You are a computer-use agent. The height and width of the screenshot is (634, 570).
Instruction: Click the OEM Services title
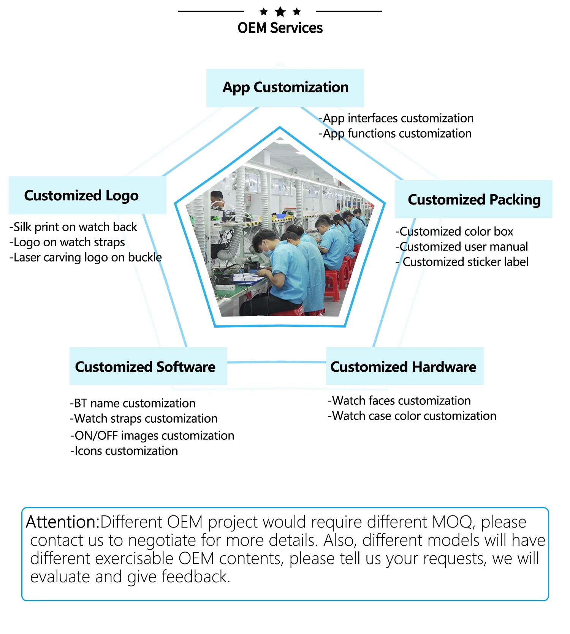(280, 28)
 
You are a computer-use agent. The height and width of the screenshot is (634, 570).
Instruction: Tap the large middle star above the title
(280, 12)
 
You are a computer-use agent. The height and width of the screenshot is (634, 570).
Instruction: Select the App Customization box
(285, 88)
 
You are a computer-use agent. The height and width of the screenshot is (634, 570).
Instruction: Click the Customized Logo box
(87, 195)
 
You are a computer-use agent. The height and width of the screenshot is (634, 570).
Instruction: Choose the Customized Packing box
(473, 199)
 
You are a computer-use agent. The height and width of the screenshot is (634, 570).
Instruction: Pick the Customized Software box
(148, 366)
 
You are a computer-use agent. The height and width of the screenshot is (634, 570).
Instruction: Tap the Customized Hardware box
(405, 366)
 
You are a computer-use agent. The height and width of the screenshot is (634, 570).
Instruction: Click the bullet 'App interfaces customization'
(396, 119)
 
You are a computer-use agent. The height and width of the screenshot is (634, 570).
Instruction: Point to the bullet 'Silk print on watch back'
(73, 227)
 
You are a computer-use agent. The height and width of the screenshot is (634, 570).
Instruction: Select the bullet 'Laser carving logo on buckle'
(86, 257)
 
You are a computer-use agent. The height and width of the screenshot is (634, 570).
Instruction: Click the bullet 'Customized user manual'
(462, 247)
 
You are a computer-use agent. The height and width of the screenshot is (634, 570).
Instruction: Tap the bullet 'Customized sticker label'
(462, 262)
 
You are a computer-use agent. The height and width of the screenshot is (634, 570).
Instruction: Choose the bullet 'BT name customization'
(133, 403)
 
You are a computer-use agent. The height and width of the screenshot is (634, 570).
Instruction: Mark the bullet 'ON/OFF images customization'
(152, 436)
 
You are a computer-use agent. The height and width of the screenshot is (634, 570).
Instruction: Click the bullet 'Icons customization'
(124, 451)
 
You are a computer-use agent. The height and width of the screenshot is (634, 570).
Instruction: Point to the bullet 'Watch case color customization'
(412, 416)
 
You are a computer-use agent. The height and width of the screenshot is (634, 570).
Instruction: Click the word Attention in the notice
(62, 522)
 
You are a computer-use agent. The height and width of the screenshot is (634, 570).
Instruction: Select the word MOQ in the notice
(453, 522)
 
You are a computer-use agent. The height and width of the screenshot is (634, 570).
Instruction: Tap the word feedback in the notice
(196, 577)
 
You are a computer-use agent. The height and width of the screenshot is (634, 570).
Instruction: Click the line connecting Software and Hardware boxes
(277, 362)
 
